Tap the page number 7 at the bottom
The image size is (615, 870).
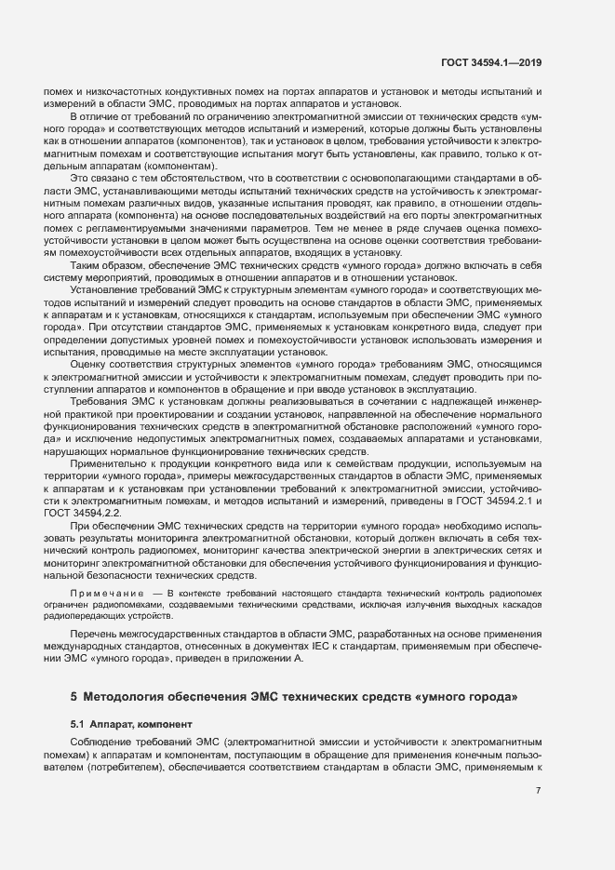coord(539,790)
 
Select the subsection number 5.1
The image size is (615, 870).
coord(78,723)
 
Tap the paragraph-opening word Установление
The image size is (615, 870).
coord(101,290)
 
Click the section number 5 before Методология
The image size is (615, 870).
coord(74,696)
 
